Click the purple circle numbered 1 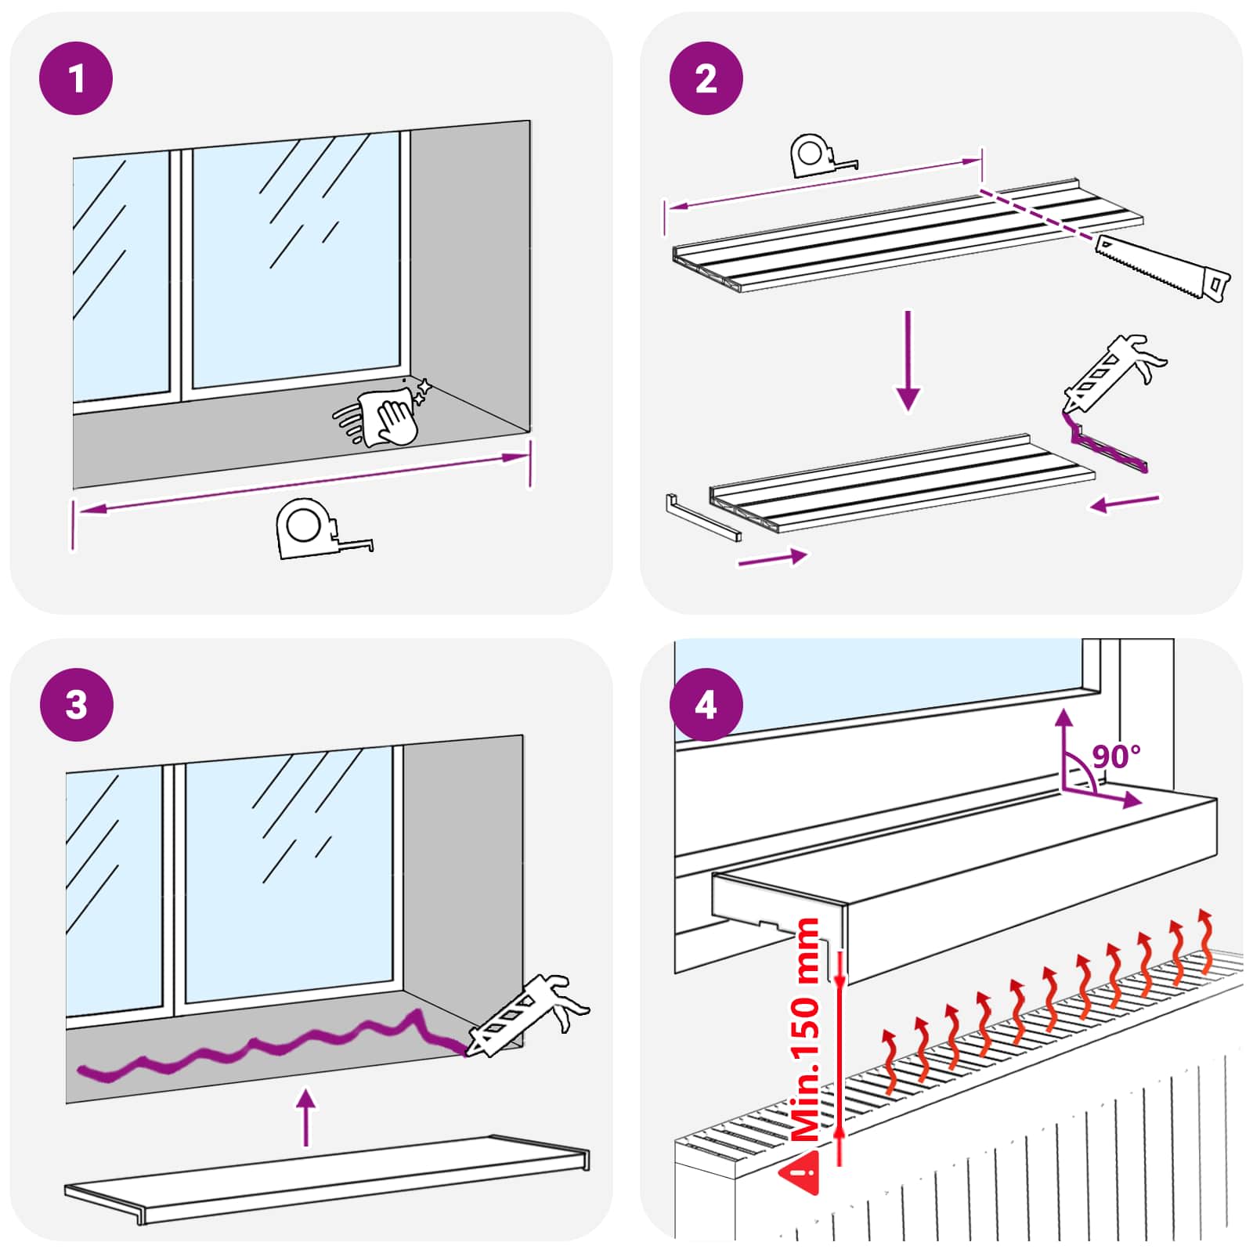pyautogui.click(x=76, y=78)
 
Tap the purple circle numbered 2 pyautogui.click(x=706, y=78)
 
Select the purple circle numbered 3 pyautogui.click(x=76, y=704)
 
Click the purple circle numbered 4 pyautogui.click(x=706, y=704)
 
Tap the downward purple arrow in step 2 pyautogui.click(x=908, y=361)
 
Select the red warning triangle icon pyautogui.click(x=801, y=1174)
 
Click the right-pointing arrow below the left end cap pyautogui.click(x=772, y=558)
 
